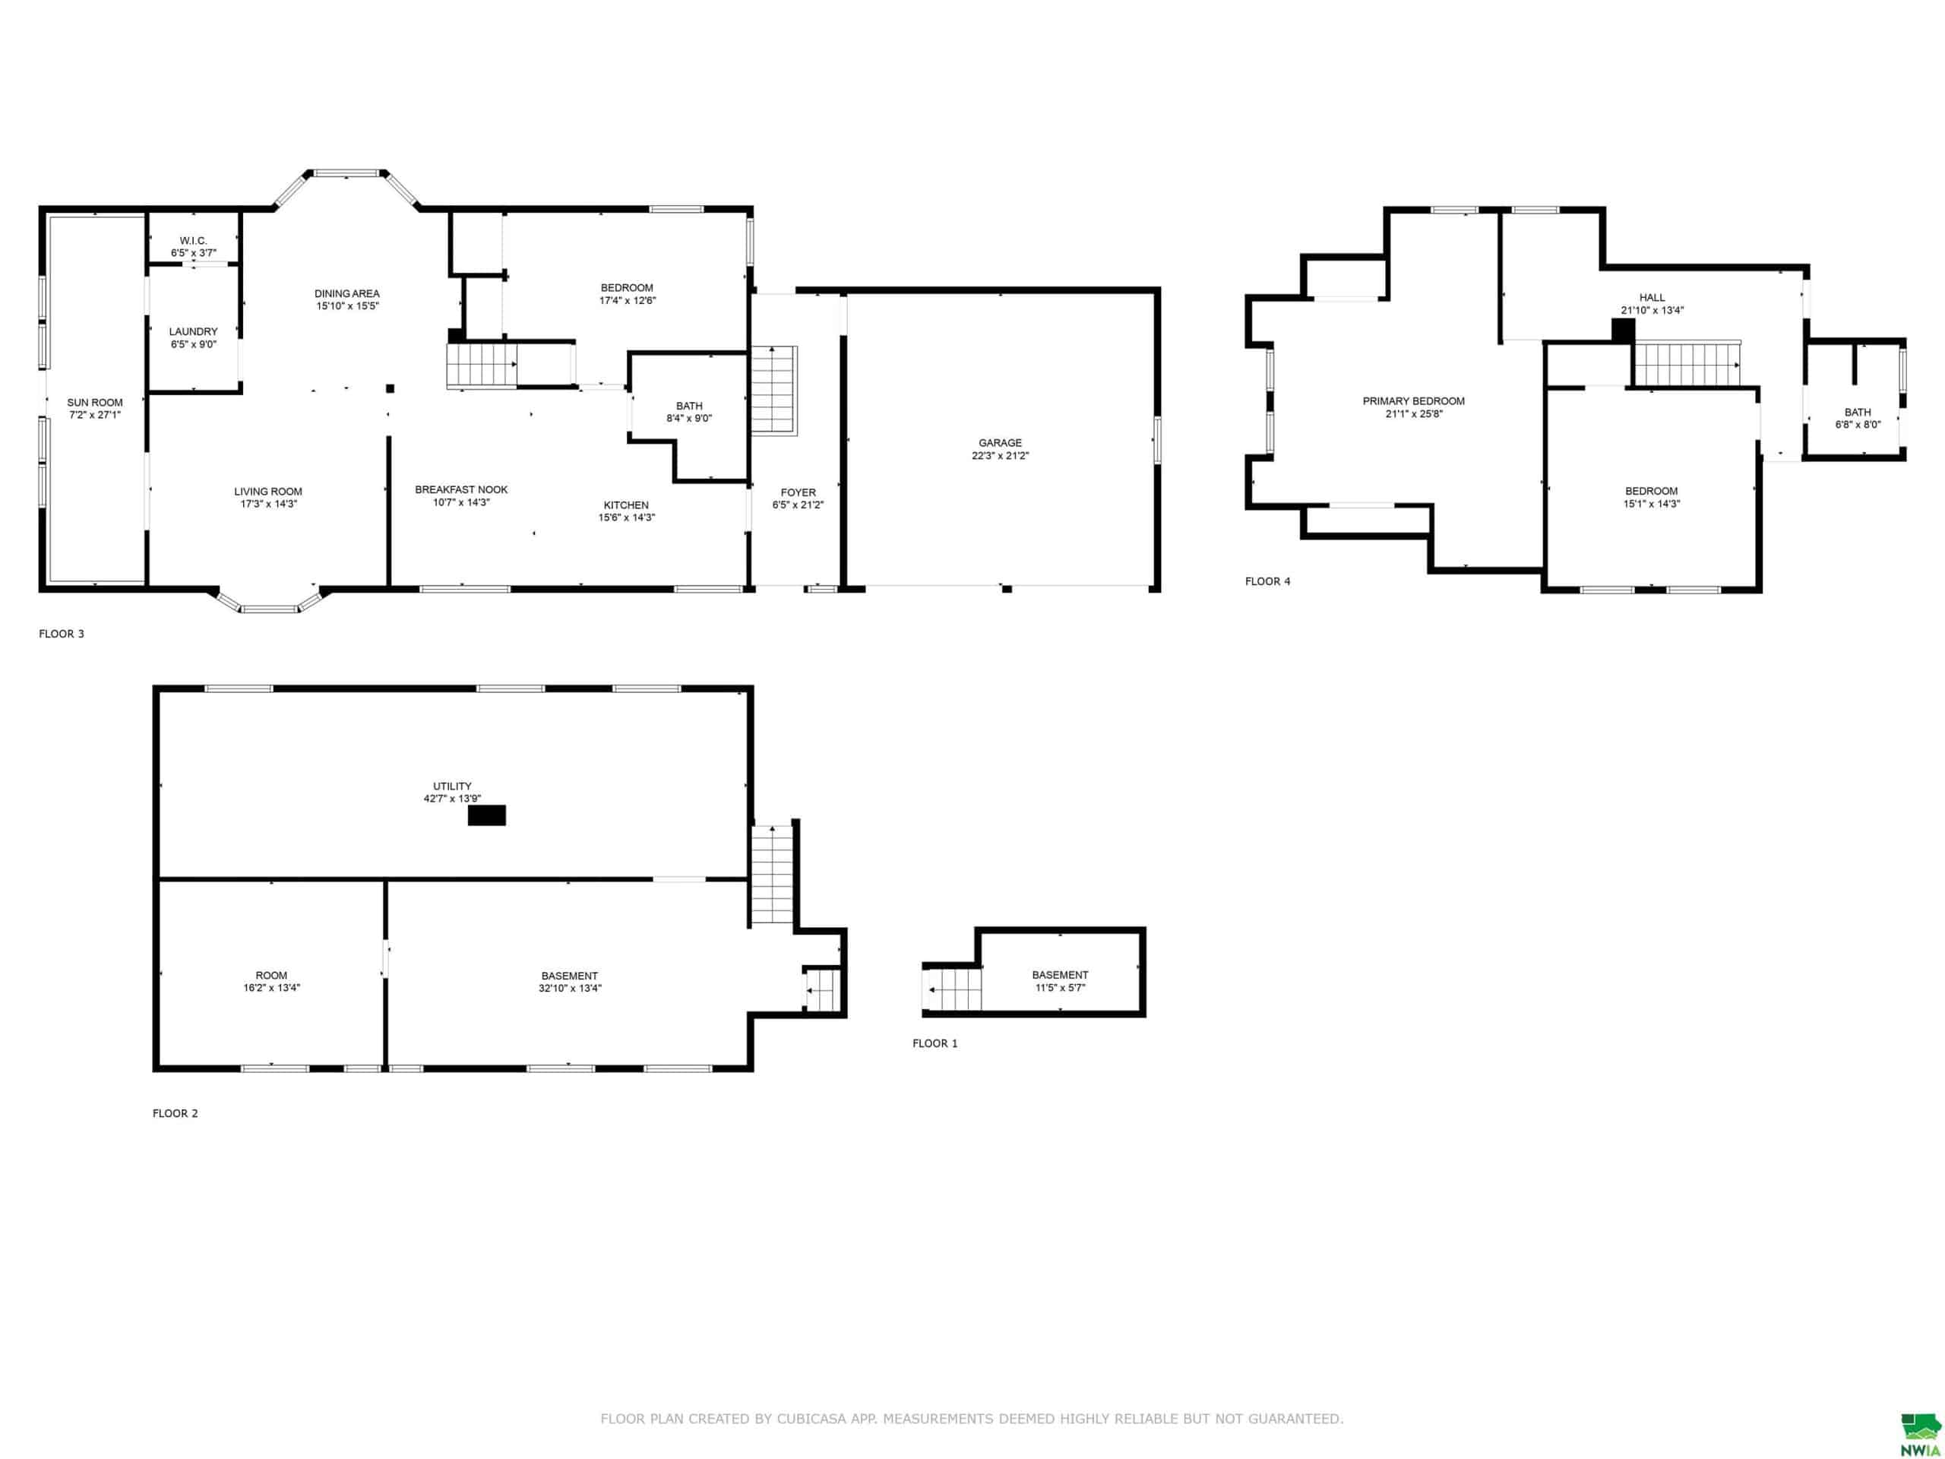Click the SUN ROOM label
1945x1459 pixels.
(x=95, y=403)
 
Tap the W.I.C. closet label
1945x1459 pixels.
(x=194, y=241)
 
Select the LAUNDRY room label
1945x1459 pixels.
(x=194, y=332)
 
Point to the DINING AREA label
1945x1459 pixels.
(x=347, y=294)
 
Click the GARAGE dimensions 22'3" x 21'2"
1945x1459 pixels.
(x=1001, y=455)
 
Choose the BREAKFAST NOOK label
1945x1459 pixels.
(x=462, y=490)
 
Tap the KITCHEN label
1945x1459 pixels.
(x=626, y=505)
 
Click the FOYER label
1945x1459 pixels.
(x=799, y=492)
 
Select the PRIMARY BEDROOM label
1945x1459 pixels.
(x=1414, y=401)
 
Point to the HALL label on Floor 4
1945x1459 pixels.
(x=1652, y=297)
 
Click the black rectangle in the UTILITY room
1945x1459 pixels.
(x=486, y=815)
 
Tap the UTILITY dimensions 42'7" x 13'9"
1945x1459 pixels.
(x=452, y=799)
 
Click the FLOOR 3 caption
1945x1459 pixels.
(x=62, y=634)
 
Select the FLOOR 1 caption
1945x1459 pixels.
(x=935, y=1044)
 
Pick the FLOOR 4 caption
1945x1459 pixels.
(x=1268, y=581)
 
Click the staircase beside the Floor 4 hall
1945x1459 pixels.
(x=1687, y=364)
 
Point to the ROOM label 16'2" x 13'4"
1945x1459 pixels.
(x=272, y=975)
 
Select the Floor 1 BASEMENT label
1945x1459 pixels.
(x=1061, y=974)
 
